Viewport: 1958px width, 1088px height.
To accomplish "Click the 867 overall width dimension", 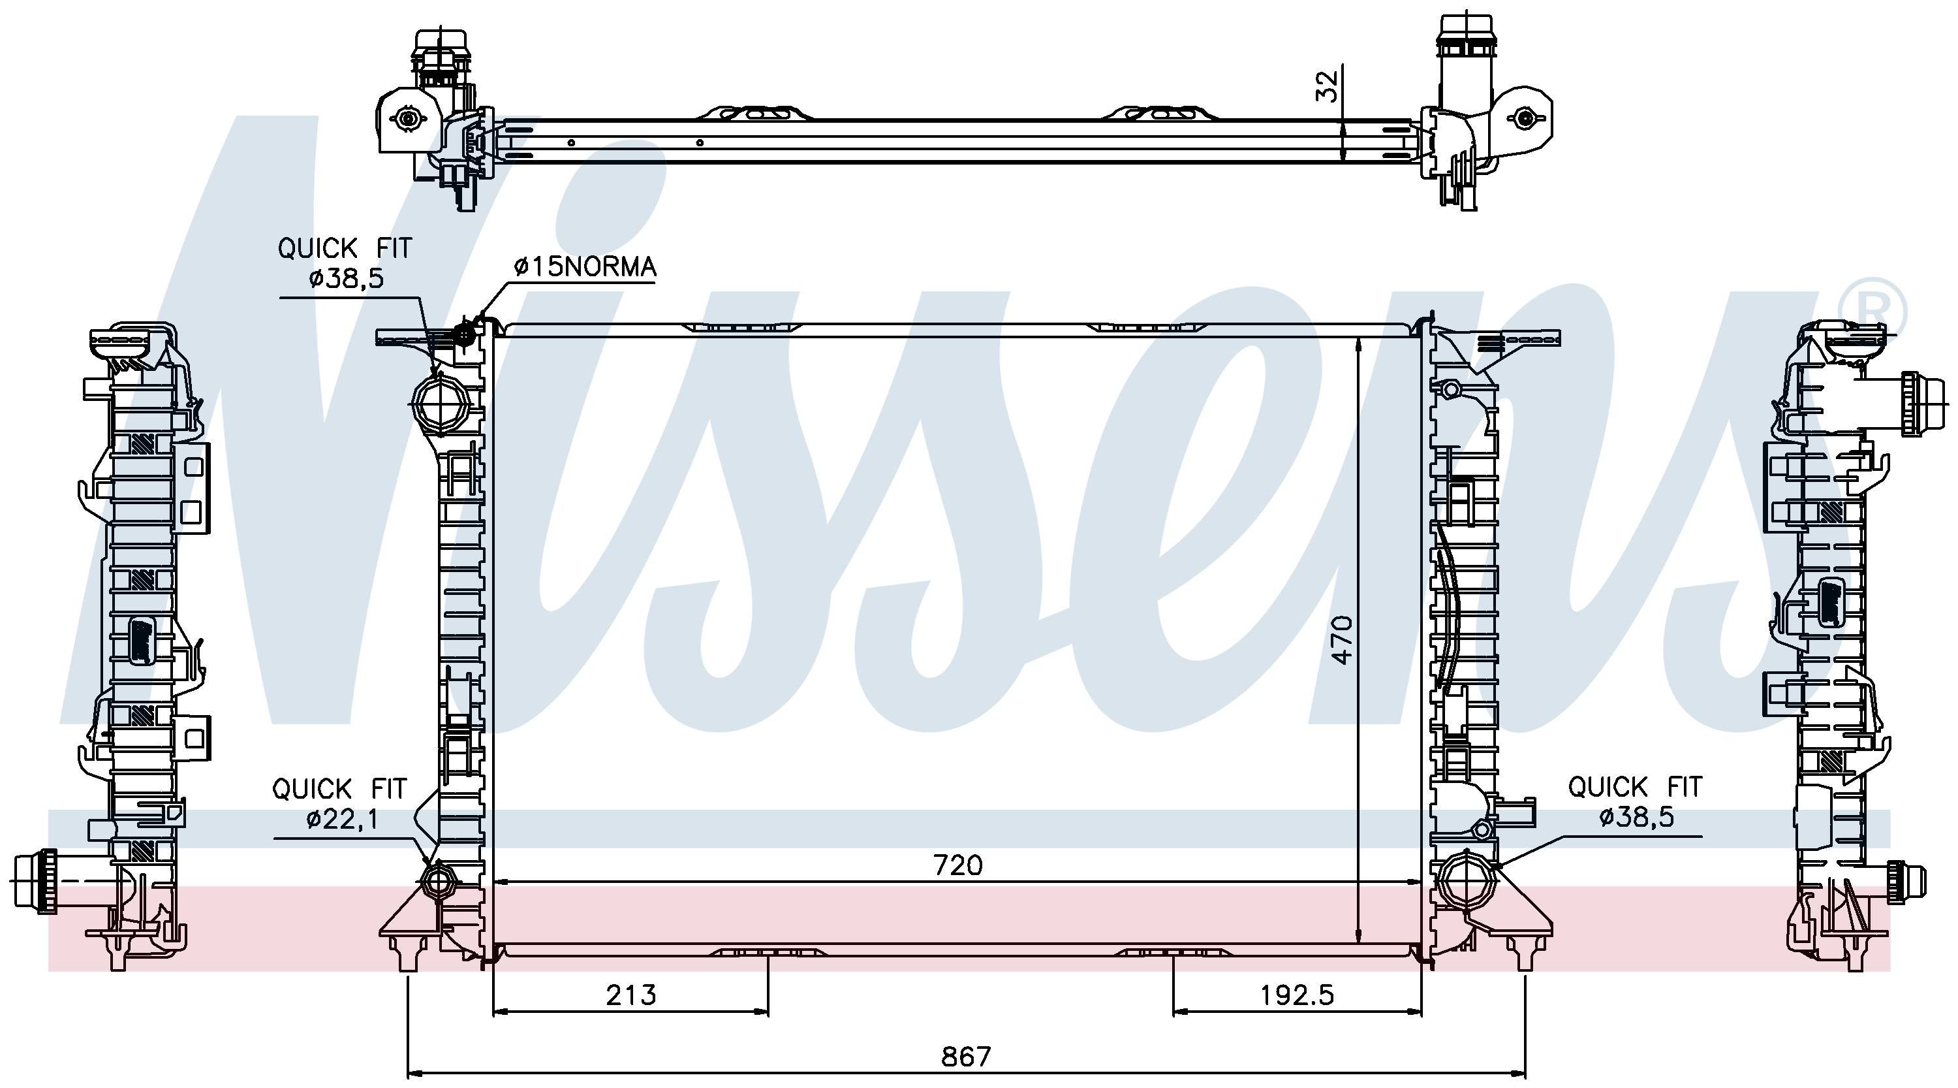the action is (x=966, y=1056).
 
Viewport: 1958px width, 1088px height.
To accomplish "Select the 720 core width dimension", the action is (x=957, y=865).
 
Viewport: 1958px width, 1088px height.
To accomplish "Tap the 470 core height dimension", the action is (x=1343, y=640).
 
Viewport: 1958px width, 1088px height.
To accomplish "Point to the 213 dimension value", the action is (x=631, y=995).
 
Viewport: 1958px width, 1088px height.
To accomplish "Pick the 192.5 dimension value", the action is (x=1298, y=995).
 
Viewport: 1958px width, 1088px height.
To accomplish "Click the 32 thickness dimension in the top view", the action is (x=1326, y=86).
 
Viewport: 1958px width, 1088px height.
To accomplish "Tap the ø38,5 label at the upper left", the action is (x=347, y=278).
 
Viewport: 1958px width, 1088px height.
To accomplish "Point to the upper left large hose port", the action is (x=440, y=404).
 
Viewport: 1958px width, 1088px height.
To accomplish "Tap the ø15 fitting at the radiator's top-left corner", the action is (x=463, y=332).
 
